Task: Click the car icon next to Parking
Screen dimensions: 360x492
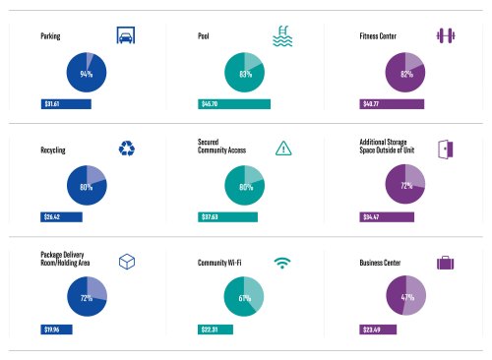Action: coord(125,36)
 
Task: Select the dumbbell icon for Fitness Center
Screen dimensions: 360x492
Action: coord(445,36)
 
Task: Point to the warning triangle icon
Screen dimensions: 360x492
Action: coord(282,149)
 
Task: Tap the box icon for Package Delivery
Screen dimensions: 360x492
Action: coord(126,262)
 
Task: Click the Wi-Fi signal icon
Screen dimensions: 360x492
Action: coord(282,263)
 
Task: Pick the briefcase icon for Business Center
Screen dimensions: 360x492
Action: coord(445,263)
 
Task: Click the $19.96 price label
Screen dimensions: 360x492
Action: coord(52,330)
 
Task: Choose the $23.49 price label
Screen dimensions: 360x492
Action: coord(373,330)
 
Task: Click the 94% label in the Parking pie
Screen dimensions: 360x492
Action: coord(87,74)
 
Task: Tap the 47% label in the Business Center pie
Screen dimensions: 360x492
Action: coord(407,297)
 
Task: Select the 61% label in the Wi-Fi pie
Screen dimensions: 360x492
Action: coord(246,297)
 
